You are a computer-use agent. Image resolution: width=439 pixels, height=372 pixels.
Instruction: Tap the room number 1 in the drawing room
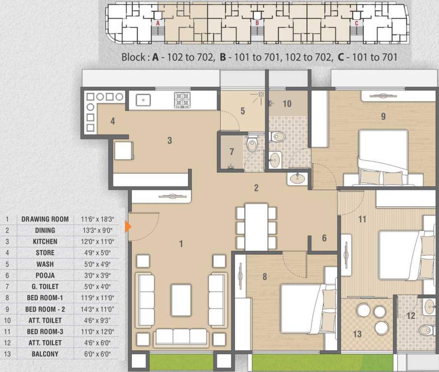(181, 244)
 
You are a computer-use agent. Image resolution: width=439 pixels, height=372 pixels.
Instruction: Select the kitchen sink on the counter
(143, 100)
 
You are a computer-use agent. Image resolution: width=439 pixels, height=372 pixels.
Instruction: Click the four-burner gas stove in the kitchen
(182, 100)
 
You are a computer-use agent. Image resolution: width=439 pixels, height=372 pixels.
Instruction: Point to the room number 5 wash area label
(243, 111)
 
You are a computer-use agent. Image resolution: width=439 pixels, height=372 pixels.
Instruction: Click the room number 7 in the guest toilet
(232, 152)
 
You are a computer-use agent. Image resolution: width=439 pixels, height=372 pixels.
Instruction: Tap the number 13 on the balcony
(358, 334)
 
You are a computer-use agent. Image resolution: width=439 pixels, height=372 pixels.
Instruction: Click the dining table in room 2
(256, 226)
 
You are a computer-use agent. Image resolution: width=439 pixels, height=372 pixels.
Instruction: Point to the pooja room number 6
(324, 238)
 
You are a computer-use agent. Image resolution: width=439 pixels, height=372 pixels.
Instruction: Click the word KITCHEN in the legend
(45, 241)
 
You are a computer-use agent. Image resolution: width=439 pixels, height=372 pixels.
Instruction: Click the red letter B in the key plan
(257, 22)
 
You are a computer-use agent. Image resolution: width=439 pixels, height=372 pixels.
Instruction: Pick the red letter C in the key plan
(357, 22)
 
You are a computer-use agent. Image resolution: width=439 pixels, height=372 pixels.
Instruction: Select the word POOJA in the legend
(45, 275)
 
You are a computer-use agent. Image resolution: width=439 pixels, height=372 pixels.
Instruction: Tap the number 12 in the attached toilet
(410, 316)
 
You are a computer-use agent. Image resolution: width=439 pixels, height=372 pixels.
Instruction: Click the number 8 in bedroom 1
(265, 277)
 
